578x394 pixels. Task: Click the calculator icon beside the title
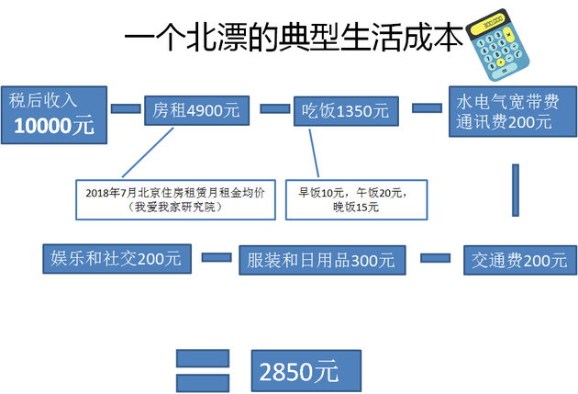click(x=497, y=45)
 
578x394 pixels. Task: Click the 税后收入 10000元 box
click(x=54, y=115)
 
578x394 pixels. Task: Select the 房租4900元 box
click(x=197, y=111)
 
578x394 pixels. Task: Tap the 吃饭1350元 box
click(x=346, y=111)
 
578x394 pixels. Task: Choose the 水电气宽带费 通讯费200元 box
click(x=513, y=111)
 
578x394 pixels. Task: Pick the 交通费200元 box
click(x=520, y=260)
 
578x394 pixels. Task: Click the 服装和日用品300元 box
click(x=323, y=260)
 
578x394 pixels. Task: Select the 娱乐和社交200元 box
click(x=117, y=259)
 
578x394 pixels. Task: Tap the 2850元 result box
click(x=306, y=371)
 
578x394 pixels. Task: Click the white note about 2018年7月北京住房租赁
click(x=175, y=200)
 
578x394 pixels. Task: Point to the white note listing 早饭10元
click(x=357, y=200)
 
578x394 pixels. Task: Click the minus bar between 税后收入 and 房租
click(x=126, y=108)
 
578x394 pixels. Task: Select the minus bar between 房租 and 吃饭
click(x=275, y=108)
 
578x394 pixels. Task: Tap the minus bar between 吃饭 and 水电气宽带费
click(x=427, y=108)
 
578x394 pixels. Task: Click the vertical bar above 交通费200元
click(x=516, y=190)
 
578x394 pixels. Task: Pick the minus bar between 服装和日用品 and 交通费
click(x=436, y=258)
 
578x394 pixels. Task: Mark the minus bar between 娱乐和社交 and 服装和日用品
click(x=217, y=257)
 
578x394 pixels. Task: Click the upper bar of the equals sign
click(x=203, y=358)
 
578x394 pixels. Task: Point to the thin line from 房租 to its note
click(x=148, y=152)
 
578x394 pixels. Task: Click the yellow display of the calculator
click(x=489, y=23)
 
